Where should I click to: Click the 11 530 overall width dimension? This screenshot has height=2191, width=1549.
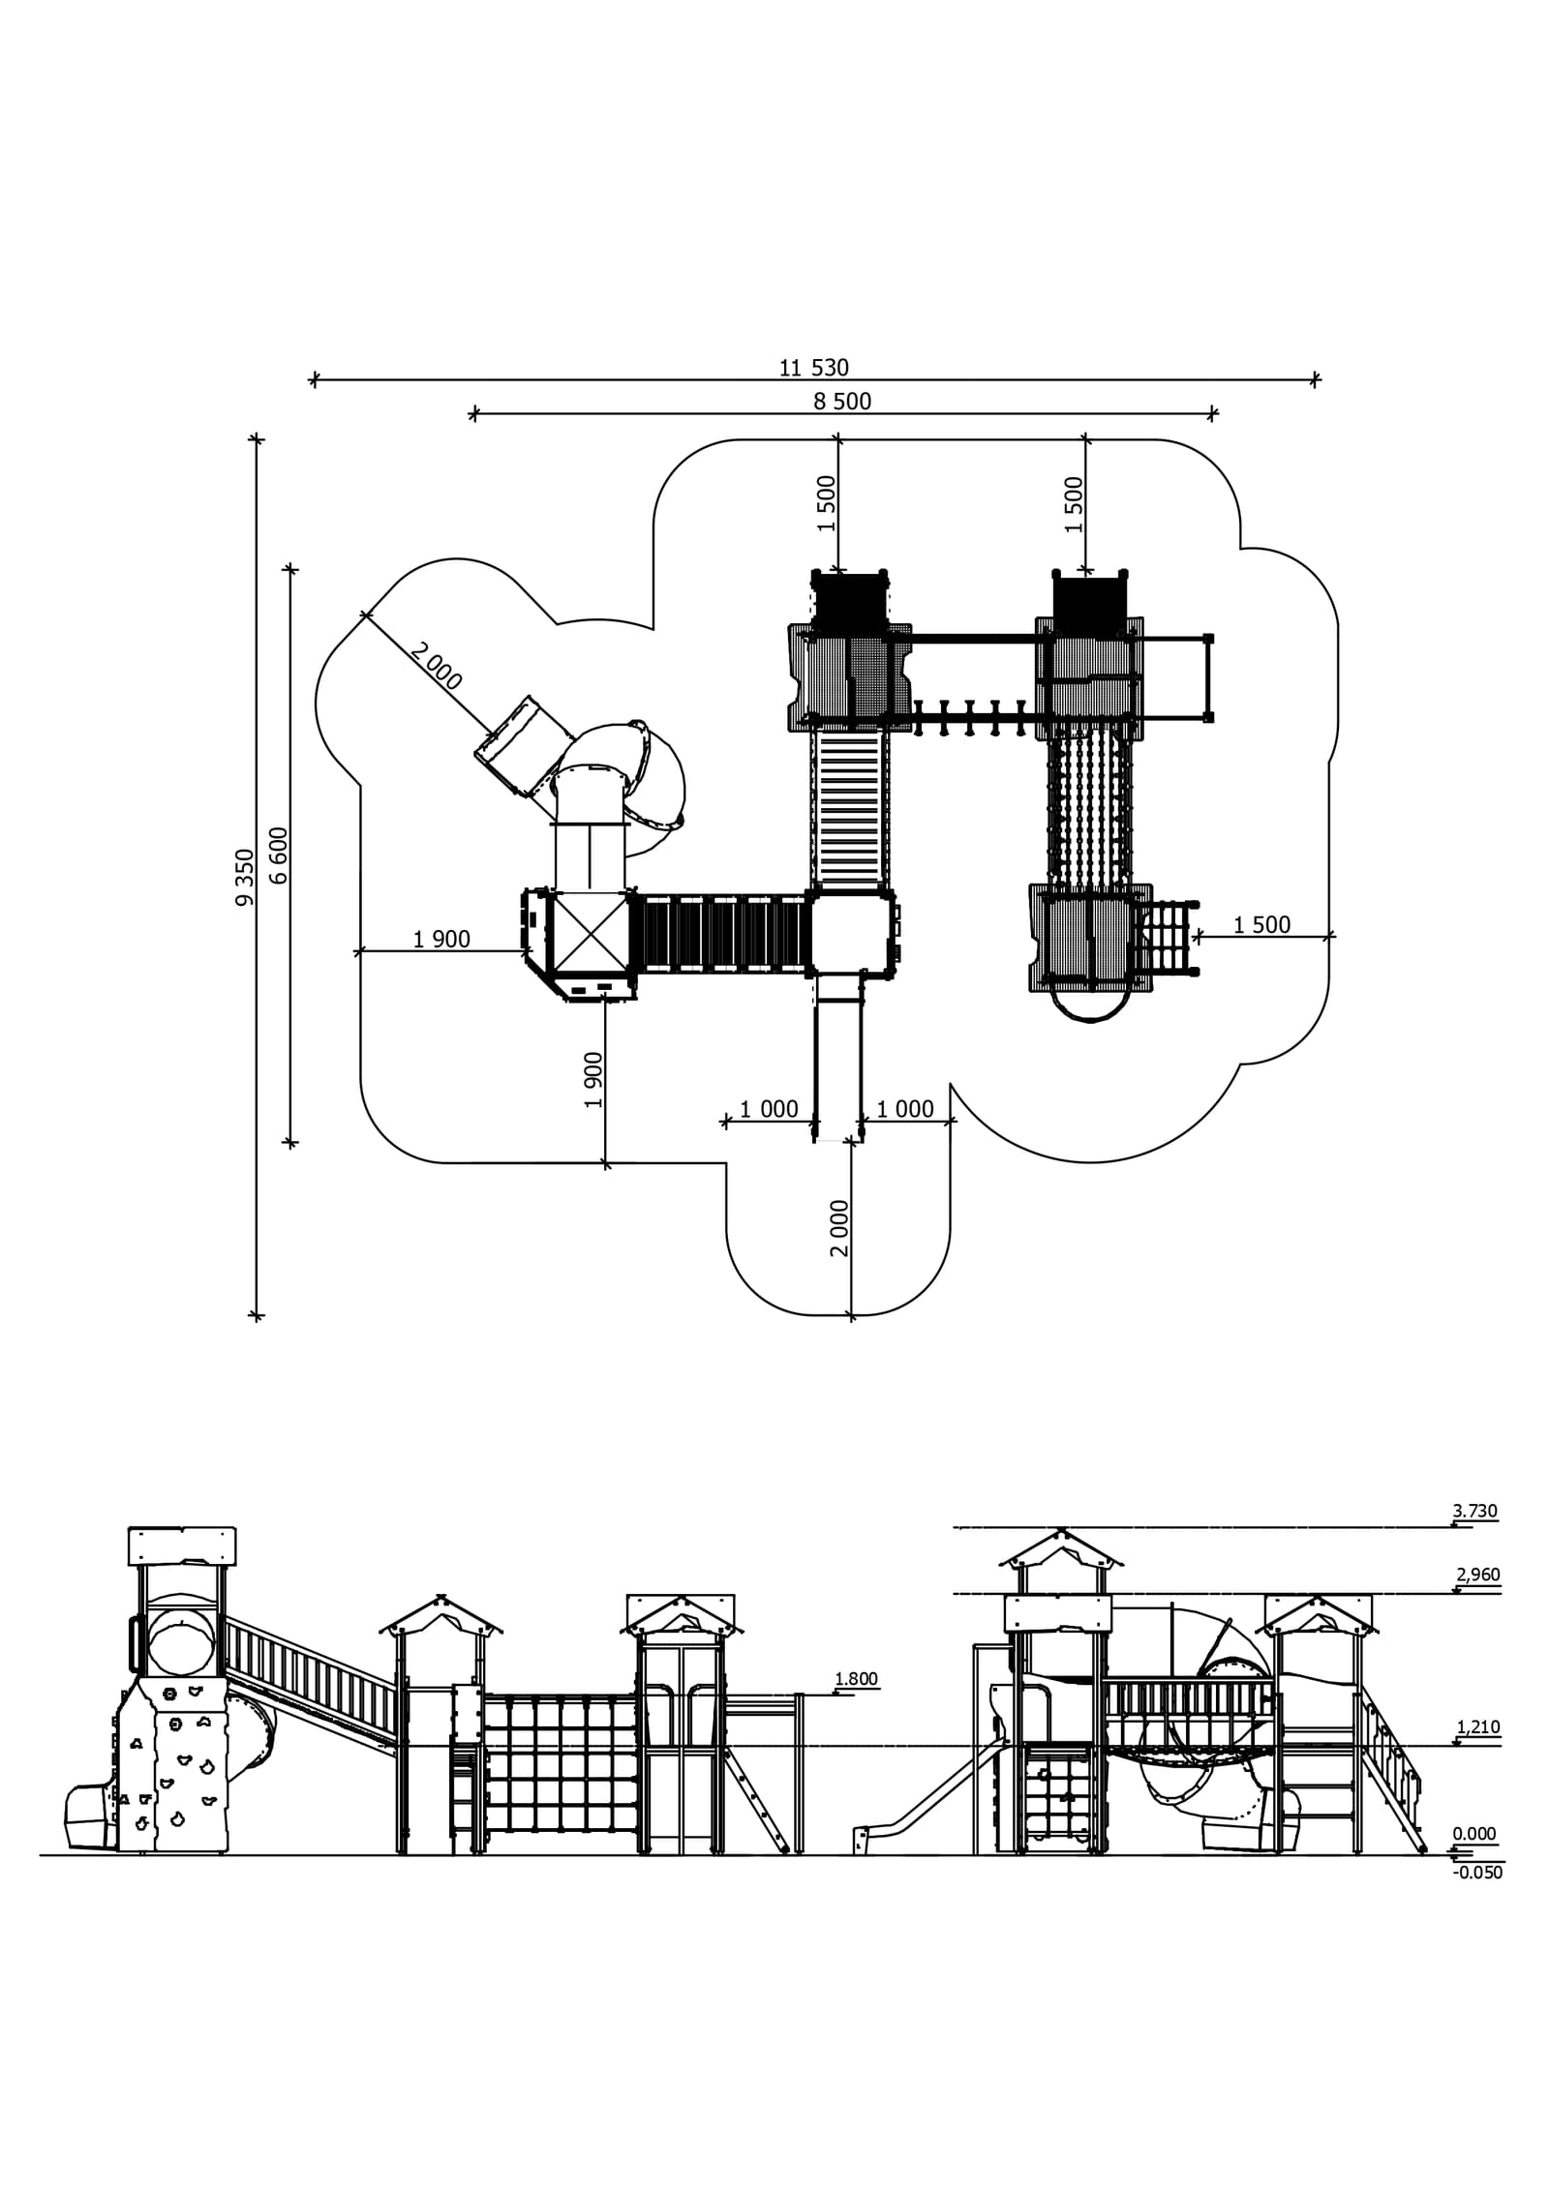point(813,368)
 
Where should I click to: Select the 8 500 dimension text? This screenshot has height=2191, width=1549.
point(842,402)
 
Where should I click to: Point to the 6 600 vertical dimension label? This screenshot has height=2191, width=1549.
point(279,855)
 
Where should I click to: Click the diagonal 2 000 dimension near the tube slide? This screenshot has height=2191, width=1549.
point(436,666)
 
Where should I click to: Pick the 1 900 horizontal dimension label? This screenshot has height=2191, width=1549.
point(441,939)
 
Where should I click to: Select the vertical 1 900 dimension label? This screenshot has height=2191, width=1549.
point(593,1080)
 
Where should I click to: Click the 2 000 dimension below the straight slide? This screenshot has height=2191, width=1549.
point(839,1228)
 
